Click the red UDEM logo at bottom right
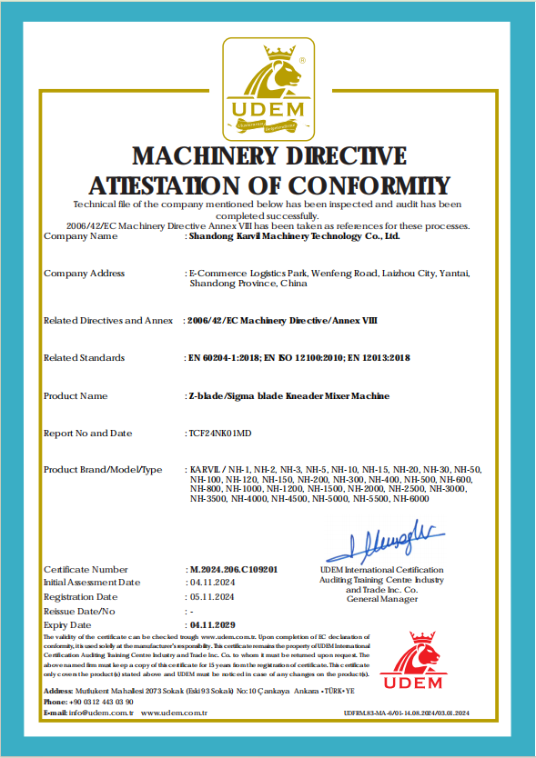(x=412, y=661)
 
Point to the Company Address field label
(x=85, y=274)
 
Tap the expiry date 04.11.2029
(x=212, y=625)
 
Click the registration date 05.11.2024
(x=212, y=597)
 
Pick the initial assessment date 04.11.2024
(x=212, y=582)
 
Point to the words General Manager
(x=382, y=599)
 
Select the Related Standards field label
(x=85, y=358)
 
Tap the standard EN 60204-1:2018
(x=223, y=358)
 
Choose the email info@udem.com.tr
(x=102, y=713)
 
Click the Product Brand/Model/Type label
(x=103, y=470)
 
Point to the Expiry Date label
(x=67, y=625)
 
